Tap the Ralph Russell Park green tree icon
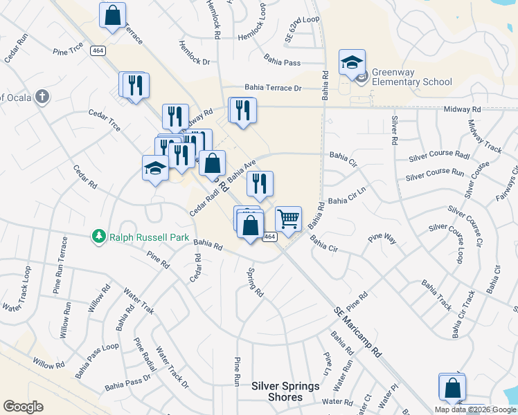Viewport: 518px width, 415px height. [99, 237]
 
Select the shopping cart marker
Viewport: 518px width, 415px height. [289, 219]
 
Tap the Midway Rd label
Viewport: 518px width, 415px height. [462, 109]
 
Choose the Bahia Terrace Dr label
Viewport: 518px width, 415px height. [273, 89]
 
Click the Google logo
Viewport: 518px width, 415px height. [23, 407]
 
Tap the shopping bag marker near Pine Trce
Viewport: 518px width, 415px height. [112, 15]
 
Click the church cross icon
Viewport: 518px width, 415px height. [42, 96]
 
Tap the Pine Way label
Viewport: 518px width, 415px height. [382, 239]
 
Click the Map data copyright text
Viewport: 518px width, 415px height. [475, 409]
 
